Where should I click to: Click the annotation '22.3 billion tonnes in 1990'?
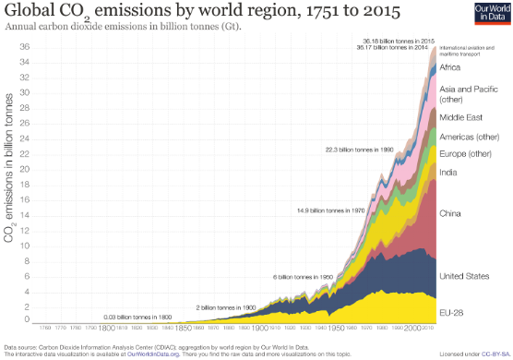point(358,149)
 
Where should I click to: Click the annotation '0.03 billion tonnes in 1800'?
point(138,317)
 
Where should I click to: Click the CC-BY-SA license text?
point(493,354)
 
